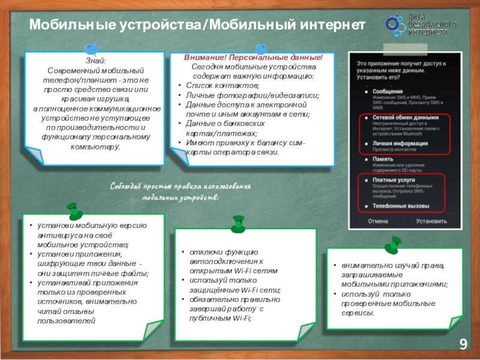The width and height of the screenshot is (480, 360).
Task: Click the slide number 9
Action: pos(463,344)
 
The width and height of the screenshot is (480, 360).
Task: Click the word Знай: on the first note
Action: pos(95,61)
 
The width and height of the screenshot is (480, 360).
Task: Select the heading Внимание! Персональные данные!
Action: pos(253,58)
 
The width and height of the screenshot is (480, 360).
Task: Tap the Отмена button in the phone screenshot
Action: pos(378,221)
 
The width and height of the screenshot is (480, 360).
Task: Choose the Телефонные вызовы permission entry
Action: pos(401,206)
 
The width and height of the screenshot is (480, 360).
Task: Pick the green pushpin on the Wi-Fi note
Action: pos(238,224)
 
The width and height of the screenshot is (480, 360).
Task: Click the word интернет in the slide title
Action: pos(331,25)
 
